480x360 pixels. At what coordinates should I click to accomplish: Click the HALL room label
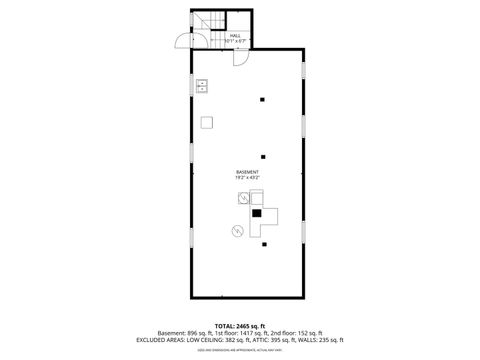(235, 35)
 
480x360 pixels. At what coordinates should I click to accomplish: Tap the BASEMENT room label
(247, 171)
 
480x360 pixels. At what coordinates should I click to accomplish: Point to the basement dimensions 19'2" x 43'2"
(247, 177)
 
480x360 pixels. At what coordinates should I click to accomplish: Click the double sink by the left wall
(201, 86)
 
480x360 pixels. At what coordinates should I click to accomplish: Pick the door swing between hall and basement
(241, 57)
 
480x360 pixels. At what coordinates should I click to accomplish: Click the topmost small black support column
(263, 98)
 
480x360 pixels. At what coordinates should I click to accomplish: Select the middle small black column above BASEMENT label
(263, 156)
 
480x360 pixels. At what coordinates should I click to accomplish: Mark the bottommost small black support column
(263, 244)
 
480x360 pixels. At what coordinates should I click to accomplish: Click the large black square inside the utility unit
(258, 213)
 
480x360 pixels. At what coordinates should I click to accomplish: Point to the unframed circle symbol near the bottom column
(238, 232)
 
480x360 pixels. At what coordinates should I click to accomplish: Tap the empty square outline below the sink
(206, 122)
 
